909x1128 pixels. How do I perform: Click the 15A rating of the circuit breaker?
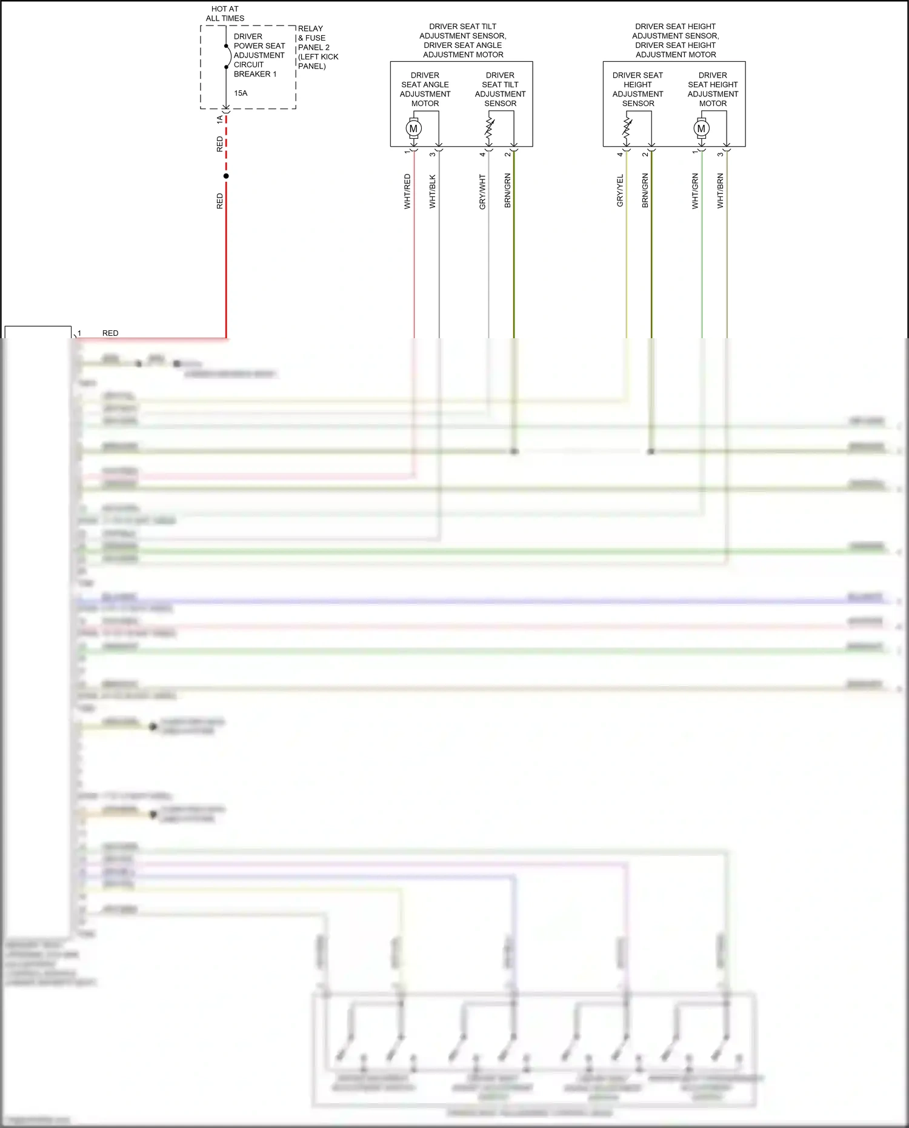241,93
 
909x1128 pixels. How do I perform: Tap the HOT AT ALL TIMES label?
225,14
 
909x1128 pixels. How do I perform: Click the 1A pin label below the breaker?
219,120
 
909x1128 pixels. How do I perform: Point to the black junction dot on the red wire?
226,176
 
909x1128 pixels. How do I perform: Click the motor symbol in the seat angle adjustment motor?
414,128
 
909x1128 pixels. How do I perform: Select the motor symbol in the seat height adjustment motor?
701,128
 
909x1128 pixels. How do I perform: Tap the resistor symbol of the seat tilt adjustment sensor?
489,128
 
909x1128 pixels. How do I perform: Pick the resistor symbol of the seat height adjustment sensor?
627,128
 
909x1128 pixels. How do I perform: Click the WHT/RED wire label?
407,192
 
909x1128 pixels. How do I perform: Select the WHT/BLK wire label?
432,192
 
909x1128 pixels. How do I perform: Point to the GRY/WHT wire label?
482,192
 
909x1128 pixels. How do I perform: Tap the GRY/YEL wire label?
620,191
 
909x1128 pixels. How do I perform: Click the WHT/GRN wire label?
695,192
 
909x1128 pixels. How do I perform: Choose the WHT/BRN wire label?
720,192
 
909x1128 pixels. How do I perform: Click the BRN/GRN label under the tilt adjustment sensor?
507,191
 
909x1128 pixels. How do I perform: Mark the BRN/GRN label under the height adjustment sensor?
645,191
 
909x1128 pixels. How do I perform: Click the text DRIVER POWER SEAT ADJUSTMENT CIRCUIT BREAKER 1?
259,55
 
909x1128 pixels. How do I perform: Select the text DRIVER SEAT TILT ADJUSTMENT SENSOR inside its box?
500,89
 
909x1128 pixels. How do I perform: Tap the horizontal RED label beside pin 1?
110,333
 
